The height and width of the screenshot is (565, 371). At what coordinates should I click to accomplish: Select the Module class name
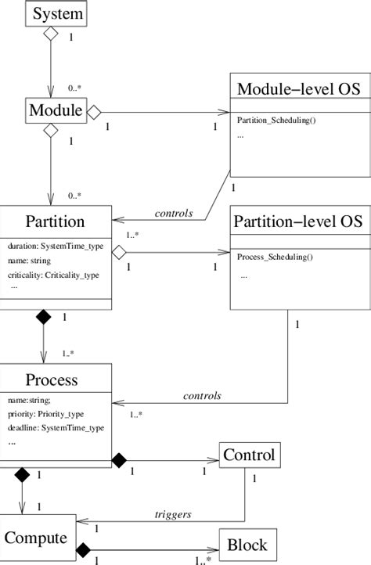[56, 111]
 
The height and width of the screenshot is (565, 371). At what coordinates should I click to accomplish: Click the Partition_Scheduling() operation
[276, 120]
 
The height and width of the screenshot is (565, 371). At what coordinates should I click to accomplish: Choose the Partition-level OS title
[298, 221]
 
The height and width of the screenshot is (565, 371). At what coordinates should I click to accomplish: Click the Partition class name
[56, 221]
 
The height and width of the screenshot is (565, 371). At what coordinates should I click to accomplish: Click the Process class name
[52, 380]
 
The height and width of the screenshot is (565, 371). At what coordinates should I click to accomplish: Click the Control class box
[248, 455]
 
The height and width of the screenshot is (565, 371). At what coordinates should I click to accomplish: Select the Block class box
[247, 545]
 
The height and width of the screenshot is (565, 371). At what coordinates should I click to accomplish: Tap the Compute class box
[37, 538]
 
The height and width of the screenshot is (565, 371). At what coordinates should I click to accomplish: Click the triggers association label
[172, 514]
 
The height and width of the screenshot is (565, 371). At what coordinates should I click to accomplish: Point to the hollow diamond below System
[51, 34]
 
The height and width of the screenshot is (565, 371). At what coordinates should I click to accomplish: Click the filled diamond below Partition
[43, 317]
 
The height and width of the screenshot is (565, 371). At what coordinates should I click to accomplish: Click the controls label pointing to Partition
[174, 213]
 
